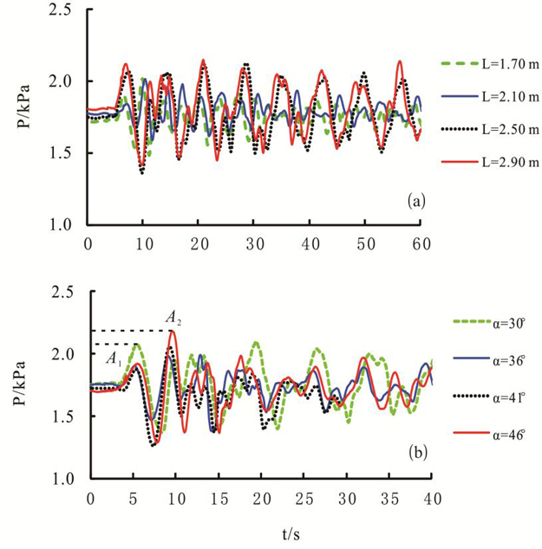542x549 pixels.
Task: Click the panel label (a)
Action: pos(415,201)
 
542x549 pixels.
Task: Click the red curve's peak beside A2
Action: pos(173,331)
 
